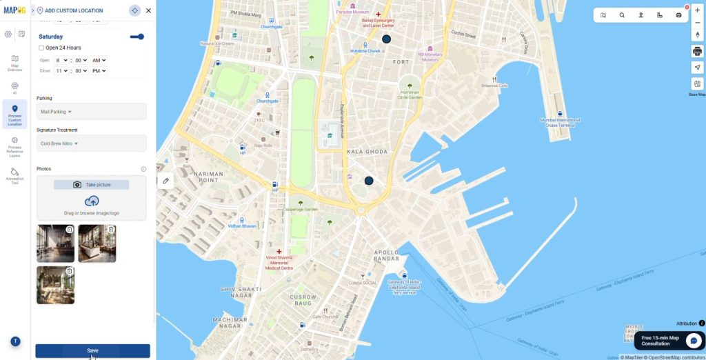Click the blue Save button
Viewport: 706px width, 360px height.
coord(92,350)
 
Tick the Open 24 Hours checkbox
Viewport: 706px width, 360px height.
coord(41,48)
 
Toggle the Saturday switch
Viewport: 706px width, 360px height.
coord(137,37)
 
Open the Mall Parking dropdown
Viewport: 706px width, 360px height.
coord(91,111)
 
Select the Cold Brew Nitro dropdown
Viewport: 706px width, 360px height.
coord(91,143)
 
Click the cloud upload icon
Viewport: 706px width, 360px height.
coord(92,201)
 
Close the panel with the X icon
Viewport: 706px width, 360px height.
coord(148,10)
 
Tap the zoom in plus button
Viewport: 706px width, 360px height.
coord(697,10)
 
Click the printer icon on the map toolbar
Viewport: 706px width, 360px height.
coord(697,51)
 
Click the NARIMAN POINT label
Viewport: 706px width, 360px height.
coord(209,177)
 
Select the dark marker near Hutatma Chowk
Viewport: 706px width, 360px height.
coord(386,39)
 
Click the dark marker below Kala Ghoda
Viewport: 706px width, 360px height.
coord(369,181)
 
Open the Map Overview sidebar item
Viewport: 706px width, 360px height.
coord(14,62)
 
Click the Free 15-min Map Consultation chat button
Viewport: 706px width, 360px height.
coord(668,341)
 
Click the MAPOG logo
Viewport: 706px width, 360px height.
coord(14,10)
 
